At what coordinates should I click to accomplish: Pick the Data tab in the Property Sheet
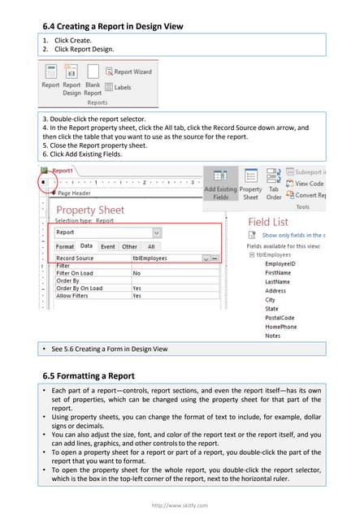pos(86,246)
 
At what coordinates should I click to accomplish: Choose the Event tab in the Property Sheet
pos(107,246)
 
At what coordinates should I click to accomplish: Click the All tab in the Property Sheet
pos(151,246)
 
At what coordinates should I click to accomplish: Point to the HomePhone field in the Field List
pos(281,327)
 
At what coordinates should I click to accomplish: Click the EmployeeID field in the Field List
pos(280,264)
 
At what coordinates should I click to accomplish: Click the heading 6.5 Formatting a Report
pos(88,375)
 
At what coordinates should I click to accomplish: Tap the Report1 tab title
pos(63,172)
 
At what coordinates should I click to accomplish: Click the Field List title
pos(267,222)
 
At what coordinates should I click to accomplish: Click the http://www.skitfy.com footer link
pos(180,505)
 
